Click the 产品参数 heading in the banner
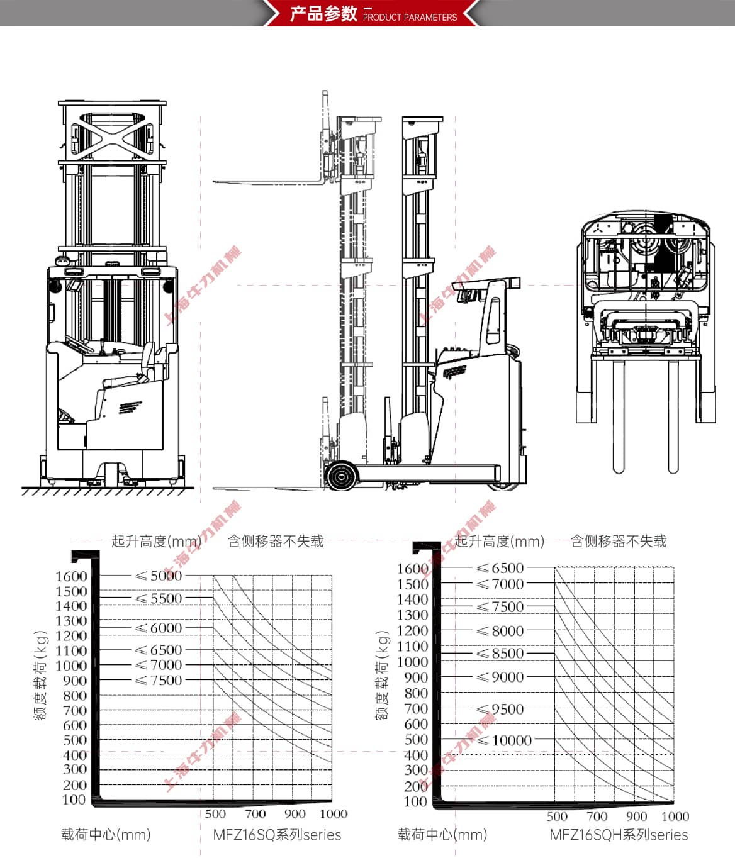click(x=323, y=13)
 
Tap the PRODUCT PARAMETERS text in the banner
click(x=410, y=18)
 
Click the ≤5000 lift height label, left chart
click(x=159, y=576)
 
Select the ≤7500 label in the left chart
click(x=159, y=680)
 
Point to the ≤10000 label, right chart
click(x=505, y=740)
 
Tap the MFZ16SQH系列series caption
click(x=619, y=835)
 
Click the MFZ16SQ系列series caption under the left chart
click(x=277, y=835)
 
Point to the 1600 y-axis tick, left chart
click(x=71, y=576)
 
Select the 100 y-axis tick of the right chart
click(x=415, y=801)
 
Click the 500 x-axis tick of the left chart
click(x=215, y=814)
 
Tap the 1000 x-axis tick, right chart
click(x=675, y=816)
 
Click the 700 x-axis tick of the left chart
click(x=255, y=814)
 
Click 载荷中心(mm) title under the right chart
click(x=442, y=835)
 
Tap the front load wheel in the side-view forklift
click(x=340, y=476)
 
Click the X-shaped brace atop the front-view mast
click(x=112, y=134)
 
